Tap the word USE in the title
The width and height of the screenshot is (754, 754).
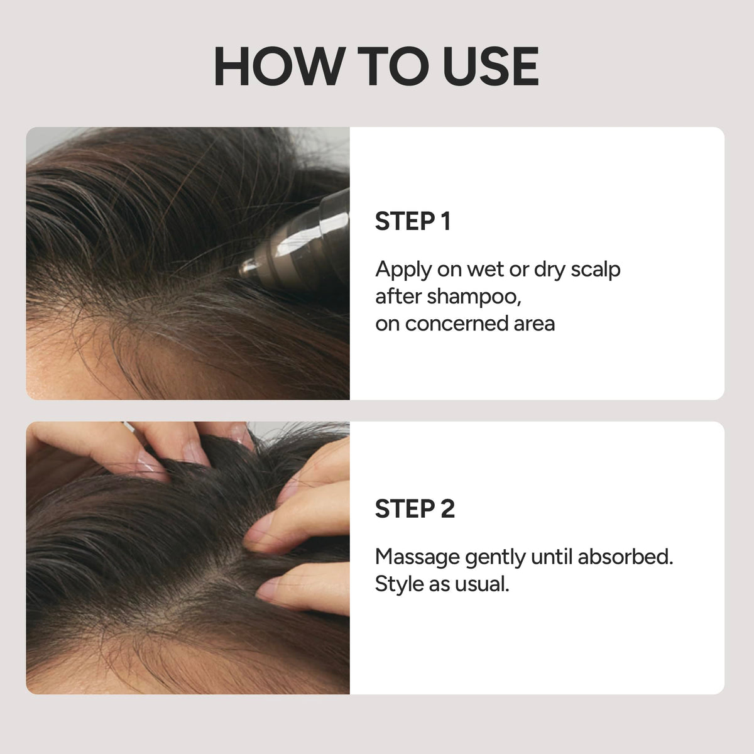click(491, 66)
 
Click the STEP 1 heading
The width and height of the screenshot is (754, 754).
click(413, 221)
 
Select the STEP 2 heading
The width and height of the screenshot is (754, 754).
click(415, 509)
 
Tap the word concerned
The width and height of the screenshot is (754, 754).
click(456, 324)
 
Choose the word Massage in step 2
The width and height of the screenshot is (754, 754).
click(417, 558)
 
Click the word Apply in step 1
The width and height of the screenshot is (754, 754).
click(403, 271)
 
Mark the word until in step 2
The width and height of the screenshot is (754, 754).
click(552, 557)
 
